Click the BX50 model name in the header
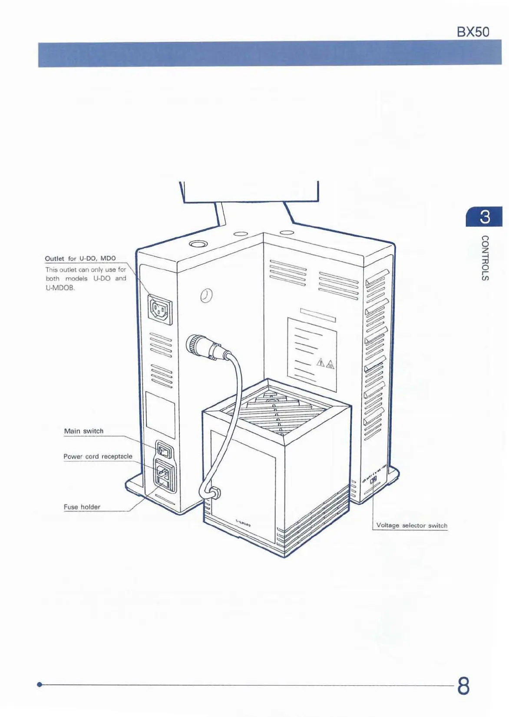tap(473, 32)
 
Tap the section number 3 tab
tap(484, 217)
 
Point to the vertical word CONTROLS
tap(485, 258)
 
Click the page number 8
tap(463, 686)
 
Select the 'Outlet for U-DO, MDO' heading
tap(80, 259)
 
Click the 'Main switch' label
tap(84, 431)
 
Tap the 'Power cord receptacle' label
tap(98, 456)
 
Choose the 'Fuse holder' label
tap(82, 507)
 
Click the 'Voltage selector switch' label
tap(411, 525)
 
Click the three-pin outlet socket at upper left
tap(160, 309)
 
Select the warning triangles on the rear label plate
tap(325, 363)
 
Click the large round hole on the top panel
tap(198, 244)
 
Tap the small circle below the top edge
tap(207, 295)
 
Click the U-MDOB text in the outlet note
tap(60, 288)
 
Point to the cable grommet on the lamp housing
tap(214, 493)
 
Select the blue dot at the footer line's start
tap(40, 684)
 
